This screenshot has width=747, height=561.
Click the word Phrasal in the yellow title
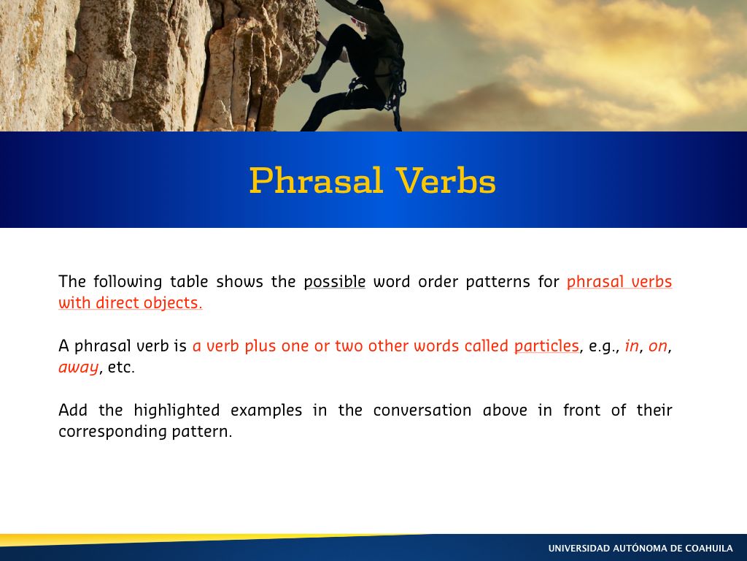click(x=316, y=180)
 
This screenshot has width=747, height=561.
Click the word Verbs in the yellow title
click(x=446, y=180)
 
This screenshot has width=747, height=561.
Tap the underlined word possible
click(x=335, y=282)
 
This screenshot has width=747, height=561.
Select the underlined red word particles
click(x=546, y=346)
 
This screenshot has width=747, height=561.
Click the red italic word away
click(x=78, y=367)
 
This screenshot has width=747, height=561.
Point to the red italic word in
click(x=632, y=346)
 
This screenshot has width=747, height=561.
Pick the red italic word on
click(x=658, y=346)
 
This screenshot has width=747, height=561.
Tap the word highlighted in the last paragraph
click(x=177, y=411)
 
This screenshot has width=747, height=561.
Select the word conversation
click(x=422, y=411)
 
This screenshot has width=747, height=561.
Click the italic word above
click(x=505, y=411)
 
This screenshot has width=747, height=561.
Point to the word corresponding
click(x=112, y=432)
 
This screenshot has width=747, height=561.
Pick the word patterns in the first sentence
click(x=498, y=282)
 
